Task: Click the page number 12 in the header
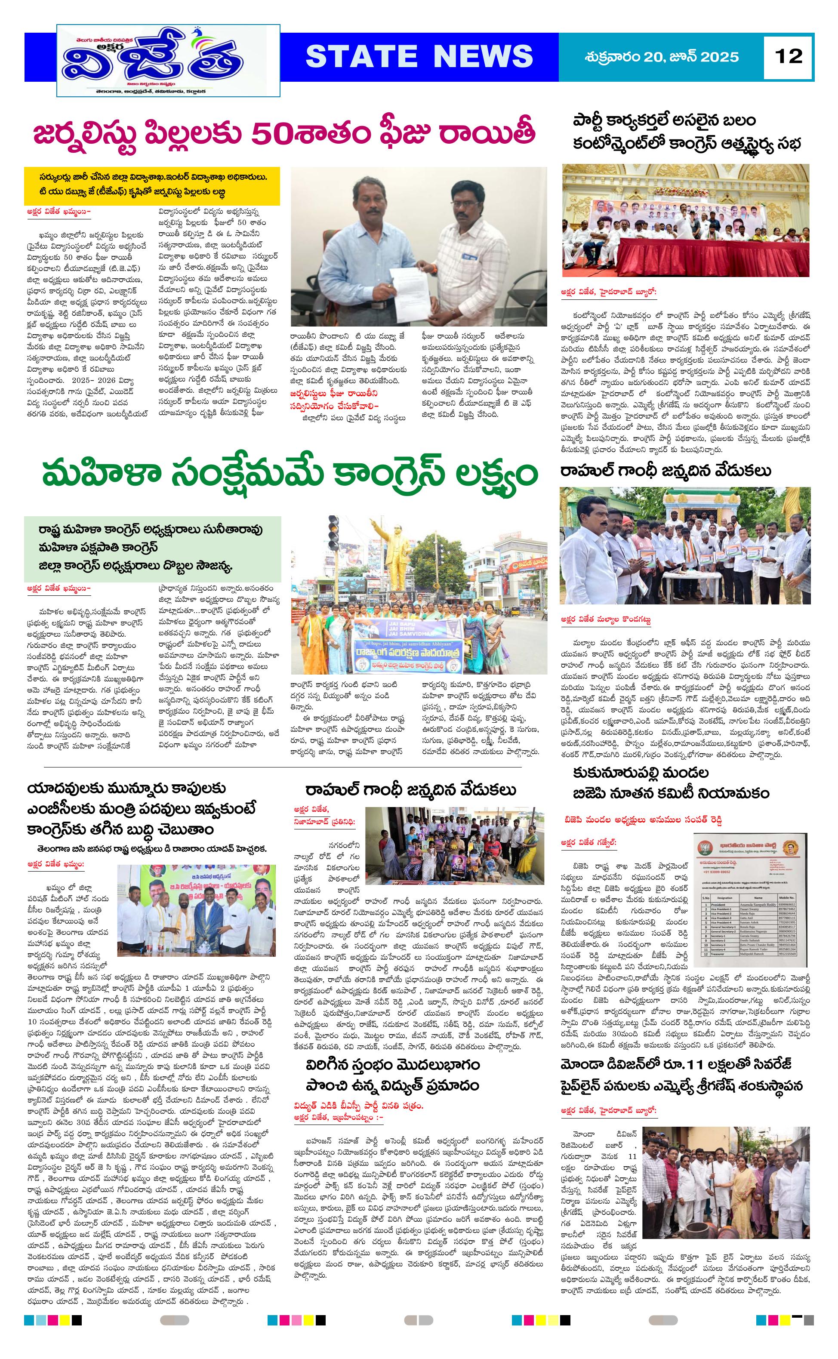[x=789, y=56]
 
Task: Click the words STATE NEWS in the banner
[x=419, y=56]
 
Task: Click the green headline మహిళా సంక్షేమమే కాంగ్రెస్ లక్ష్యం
[x=290, y=475]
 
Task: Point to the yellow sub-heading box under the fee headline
[x=152, y=185]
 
